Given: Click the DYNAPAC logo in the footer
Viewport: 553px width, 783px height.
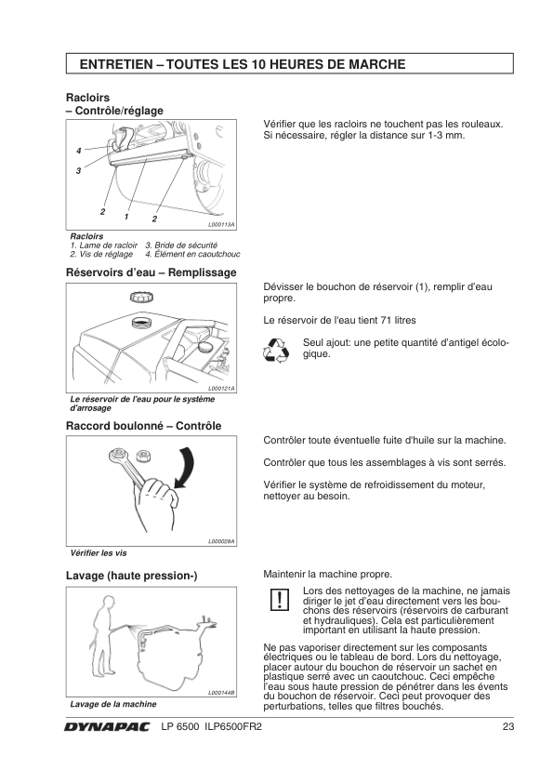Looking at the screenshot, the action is point(106,727).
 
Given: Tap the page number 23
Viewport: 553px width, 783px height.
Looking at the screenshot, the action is point(508,726).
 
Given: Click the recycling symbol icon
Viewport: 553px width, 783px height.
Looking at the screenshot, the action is point(276,350).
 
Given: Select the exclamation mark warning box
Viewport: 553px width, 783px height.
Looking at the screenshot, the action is point(280,600).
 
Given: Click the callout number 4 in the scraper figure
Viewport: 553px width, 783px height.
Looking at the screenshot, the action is point(78,151).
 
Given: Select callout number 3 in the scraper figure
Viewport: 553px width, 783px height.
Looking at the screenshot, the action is point(78,171).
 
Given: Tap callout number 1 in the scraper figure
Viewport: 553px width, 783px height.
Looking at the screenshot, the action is point(126,217).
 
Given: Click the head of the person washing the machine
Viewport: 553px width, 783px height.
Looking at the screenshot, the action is point(106,603).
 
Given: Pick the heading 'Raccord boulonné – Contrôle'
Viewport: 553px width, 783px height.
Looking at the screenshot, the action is point(144,426).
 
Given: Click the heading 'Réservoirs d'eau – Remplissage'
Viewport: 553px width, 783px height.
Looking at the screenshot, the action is point(151,272).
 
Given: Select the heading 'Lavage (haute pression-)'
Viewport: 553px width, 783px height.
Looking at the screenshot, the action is point(132,576).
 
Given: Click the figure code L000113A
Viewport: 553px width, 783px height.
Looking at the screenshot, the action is point(221,225).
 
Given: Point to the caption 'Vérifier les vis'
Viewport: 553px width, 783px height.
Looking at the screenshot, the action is point(99,553).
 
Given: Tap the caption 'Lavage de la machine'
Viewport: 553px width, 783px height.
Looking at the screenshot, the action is point(113,704).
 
